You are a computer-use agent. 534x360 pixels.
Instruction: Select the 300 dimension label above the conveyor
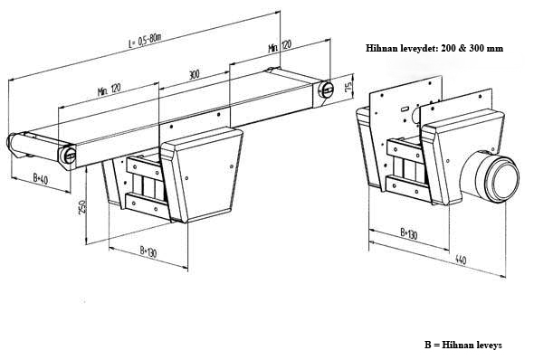tap(194, 74)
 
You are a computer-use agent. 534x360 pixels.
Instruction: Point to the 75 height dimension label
tap(348, 87)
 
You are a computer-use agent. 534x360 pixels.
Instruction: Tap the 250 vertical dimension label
tap(82, 207)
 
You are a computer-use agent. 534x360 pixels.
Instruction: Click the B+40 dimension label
tap(41, 178)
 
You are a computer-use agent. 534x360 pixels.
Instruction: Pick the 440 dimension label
tap(461, 260)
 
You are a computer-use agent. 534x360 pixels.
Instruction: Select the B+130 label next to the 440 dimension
tap(409, 233)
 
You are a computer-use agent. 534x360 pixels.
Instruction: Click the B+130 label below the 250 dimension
tap(148, 251)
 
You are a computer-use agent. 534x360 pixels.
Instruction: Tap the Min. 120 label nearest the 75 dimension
tap(281, 46)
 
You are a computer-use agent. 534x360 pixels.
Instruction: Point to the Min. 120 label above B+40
tap(109, 90)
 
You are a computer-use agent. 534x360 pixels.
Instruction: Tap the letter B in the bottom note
tap(427, 345)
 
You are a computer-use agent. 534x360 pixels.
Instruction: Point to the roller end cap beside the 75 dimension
tap(326, 90)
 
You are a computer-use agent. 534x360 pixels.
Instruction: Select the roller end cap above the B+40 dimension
tap(67, 156)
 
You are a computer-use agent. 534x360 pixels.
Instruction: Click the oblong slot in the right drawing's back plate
tap(405, 109)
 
